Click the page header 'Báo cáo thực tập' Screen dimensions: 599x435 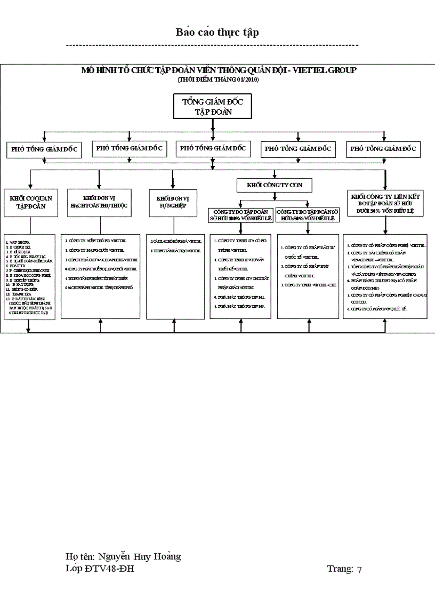pyautogui.click(x=217, y=33)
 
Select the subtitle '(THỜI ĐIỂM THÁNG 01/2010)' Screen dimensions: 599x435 pyautogui.click(x=218, y=79)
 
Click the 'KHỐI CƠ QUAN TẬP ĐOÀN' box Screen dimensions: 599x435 pyautogui.click(x=31, y=202)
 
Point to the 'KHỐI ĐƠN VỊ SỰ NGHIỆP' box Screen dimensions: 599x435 pyautogui.click(x=173, y=203)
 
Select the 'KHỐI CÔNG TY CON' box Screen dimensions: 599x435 pyautogui.click(x=274, y=185)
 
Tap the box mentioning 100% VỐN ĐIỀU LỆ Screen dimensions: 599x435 pyautogui.click(x=241, y=215)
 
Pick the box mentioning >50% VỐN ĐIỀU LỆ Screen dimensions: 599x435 pyautogui.click(x=308, y=215)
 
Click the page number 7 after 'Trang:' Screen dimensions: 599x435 pyautogui.click(x=359, y=569)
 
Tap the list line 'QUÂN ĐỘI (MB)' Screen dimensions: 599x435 pyautogui.click(x=365, y=284)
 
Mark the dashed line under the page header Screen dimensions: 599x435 pyautogui.click(x=212, y=46)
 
